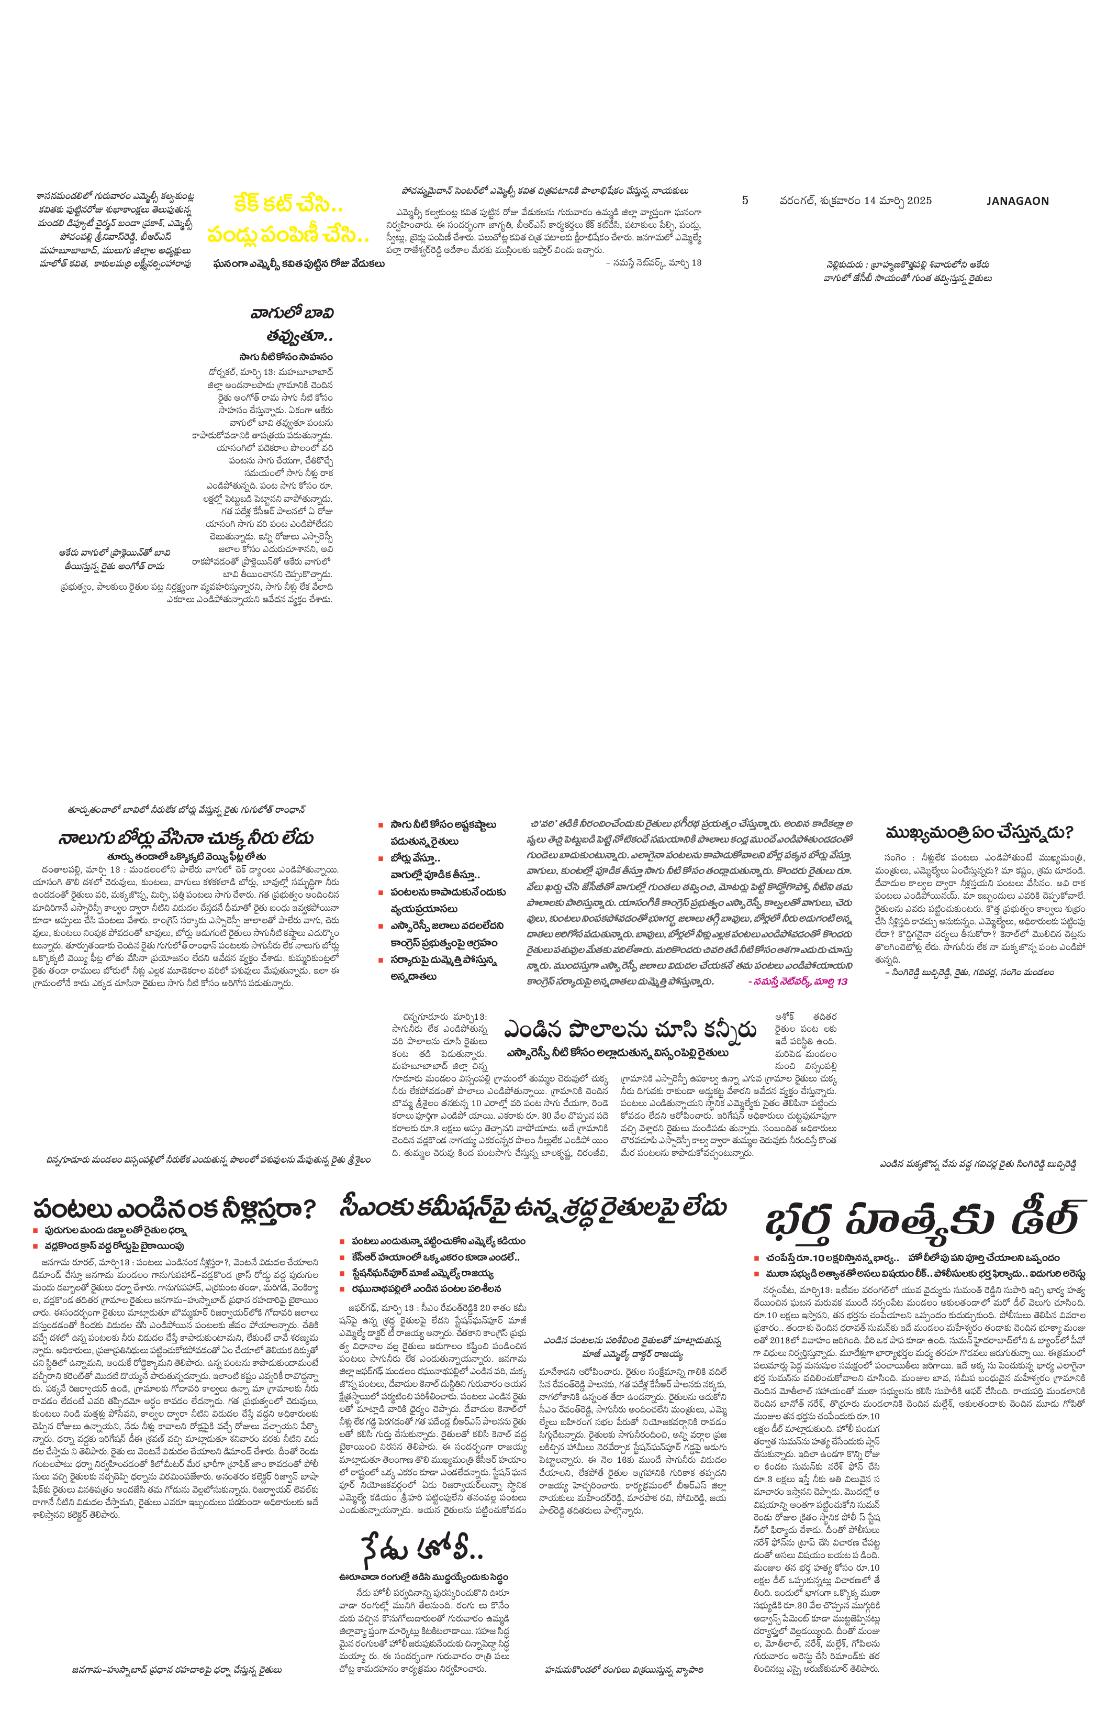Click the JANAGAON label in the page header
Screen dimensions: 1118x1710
pyautogui.click(x=1017, y=201)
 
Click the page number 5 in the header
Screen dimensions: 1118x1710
pyautogui.click(x=745, y=201)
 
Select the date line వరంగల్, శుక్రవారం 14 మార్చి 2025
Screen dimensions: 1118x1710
pyautogui.click(x=855, y=201)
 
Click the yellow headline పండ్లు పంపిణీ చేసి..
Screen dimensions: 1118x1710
pyautogui.click(x=288, y=234)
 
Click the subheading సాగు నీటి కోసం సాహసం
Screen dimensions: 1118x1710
pyautogui.click(x=286, y=356)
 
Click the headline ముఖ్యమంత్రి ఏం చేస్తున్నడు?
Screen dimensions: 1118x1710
pyautogui.click(x=979, y=833)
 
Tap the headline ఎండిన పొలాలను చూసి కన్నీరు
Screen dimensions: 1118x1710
pyautogui.click(x=630, y=1030)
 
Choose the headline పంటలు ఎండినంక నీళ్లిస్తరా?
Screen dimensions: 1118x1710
pyautogui.click(x=174, y=1209)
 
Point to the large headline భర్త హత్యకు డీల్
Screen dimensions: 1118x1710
pyautogui.click(x=923, y=1219)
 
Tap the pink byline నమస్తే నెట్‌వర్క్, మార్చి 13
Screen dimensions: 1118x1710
pyautogui.click(x=797, y=981)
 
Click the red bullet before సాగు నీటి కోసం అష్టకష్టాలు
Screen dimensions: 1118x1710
pyautogui.click(x=381, y=825)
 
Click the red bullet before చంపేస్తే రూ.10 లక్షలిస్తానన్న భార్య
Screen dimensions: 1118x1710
pyautogui.click(x=756, y=1258)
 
